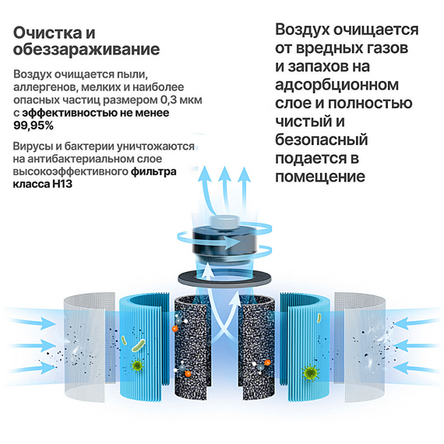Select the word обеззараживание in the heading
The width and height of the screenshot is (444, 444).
tap(86, 50)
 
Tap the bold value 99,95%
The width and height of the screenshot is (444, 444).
tap(33, 125)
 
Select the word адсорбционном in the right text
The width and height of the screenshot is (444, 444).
tap(337, 85)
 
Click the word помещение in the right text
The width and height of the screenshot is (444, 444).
tap(320, 177)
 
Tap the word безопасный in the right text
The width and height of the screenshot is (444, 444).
tap(322, 139)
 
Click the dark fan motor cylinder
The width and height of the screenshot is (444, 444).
tap(225, 243)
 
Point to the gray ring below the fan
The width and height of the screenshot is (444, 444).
tap(224, 277)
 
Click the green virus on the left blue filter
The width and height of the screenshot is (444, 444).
tap(137, 365)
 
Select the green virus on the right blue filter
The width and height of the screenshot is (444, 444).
tap(310, 373)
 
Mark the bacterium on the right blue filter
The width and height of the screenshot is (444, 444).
tap(319, 318)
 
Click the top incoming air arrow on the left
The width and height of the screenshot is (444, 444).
tap(33, 322)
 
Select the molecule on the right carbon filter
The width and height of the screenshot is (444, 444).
tap(263, 367)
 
